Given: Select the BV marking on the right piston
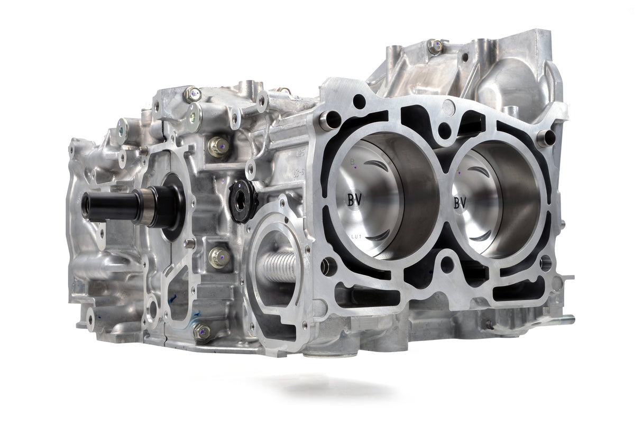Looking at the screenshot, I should (x=460, y=201).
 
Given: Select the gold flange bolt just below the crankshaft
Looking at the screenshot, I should (x=218, y=257).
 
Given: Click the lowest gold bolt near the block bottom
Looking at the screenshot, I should (x=201, y=331).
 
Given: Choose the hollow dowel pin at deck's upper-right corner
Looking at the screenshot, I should (x=546, y=137).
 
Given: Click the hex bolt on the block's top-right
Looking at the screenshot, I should (x=435, y=47).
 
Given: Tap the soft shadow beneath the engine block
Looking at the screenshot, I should (x=338, y=389).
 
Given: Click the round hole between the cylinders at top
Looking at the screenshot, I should (x=445, y=130).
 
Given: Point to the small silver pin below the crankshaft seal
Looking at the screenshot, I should (x=190, y=243).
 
